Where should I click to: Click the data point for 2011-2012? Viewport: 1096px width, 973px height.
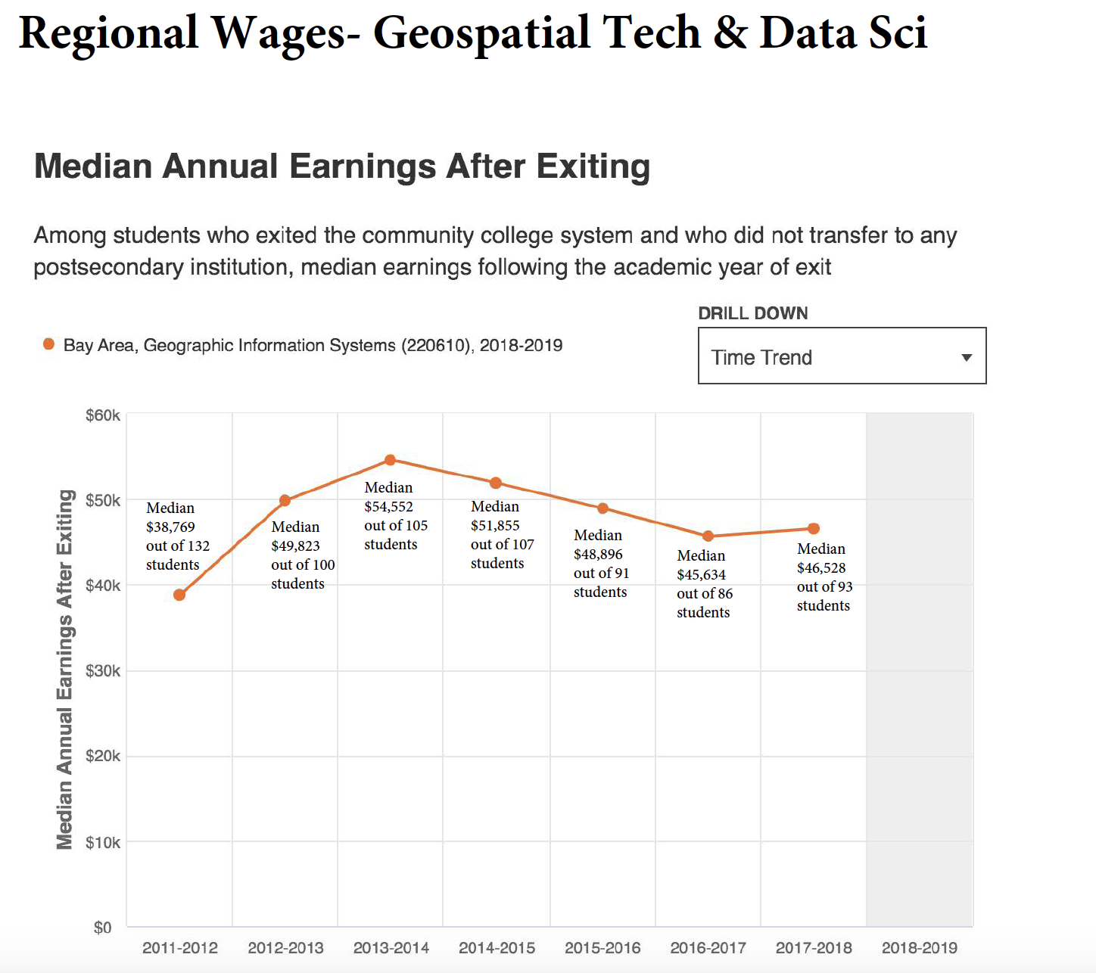(x=179, y=595)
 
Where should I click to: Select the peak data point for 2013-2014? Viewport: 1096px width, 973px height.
(x=390, y=460)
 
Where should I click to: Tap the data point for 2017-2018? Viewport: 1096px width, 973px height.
(x=814, y=529)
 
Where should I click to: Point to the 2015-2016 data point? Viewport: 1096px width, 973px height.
(x=602, y=508)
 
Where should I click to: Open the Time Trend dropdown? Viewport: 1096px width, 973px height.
(x=842, y=356)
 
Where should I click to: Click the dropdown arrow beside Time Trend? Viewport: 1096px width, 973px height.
(x=967, y=357)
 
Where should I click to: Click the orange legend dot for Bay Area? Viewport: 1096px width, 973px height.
(x=49, y=345)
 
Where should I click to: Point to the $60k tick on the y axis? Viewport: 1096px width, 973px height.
(x=103, y=415)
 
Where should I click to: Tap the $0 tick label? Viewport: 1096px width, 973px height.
(x=103, y=928)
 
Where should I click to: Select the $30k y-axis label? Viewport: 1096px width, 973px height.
(x=103, y=671)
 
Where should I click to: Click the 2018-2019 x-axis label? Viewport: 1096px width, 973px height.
(x=919, y=948)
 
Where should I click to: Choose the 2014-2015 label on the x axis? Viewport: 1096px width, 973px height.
(x=497, y=948)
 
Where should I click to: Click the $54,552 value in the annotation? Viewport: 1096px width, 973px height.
(x=388, y=507)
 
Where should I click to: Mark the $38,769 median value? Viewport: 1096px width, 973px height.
(x=170, y=527)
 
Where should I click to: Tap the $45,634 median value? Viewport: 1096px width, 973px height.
(x=701, y=575)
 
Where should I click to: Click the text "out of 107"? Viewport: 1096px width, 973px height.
(x=502, y=545)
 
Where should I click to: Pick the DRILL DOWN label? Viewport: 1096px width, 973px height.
(x=752, y=313)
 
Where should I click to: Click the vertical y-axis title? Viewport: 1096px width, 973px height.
(x=65, y=670)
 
